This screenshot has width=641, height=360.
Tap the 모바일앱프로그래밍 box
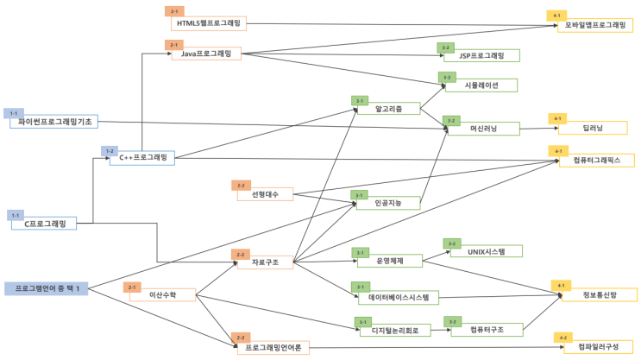pos(595,26)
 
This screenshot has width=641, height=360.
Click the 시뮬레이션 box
pos(481,85)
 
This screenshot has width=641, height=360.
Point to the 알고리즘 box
pos(385,110)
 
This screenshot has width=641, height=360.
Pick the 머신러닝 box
pos(482,128)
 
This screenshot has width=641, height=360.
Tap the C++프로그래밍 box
pos(142,158)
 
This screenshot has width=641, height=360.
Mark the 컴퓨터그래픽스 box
pos(596,160)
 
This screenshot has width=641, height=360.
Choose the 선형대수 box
pos(264,194)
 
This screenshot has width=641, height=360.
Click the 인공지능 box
pos(386,203)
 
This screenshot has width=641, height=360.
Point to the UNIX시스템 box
pos(481,251)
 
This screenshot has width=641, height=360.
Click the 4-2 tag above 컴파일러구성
pos(563,336)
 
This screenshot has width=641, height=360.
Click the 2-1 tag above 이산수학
pos(132,287)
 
